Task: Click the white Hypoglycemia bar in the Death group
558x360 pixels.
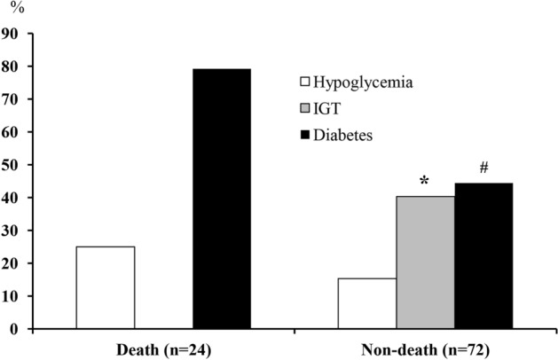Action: [106, 287]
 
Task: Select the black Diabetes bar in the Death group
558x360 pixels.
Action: [222, 199]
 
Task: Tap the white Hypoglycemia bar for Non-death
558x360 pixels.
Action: [367, 303]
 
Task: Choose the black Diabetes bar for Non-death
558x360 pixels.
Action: [483, 255]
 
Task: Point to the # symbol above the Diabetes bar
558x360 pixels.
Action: [483, 167]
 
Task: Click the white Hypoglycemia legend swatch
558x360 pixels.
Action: [305, 82]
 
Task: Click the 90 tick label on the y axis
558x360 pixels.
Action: [11, 34]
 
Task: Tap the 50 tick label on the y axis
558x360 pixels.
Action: [11, 165]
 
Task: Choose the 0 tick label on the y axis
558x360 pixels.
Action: [15, 329]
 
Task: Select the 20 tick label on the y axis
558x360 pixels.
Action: [11, 263]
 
